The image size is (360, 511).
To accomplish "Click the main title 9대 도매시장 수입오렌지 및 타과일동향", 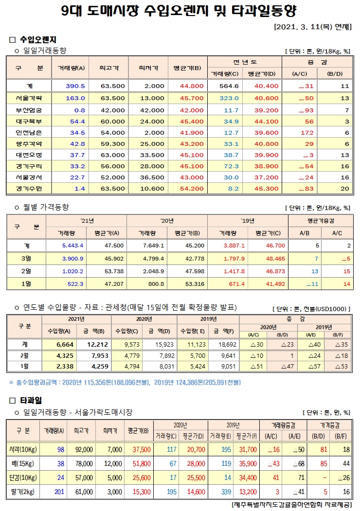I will (x=180, y=11).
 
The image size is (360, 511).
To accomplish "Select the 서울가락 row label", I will (x=29, y=98).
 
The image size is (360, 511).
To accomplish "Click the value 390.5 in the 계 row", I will (x=75, y=86).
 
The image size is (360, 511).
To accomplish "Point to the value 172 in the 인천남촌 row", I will (x=306, y=132).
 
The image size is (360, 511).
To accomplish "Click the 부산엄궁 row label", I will (x=29, y=110).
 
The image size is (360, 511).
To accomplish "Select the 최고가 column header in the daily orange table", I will (x=109, y=68).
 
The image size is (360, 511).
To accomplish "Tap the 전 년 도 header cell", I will (x=244, y=62).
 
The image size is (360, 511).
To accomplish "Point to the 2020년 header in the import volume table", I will (x=144, y=319).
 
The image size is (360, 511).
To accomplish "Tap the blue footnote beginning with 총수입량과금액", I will (x=125, y=383).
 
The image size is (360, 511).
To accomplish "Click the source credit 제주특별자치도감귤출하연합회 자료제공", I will (x=292, y=505).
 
